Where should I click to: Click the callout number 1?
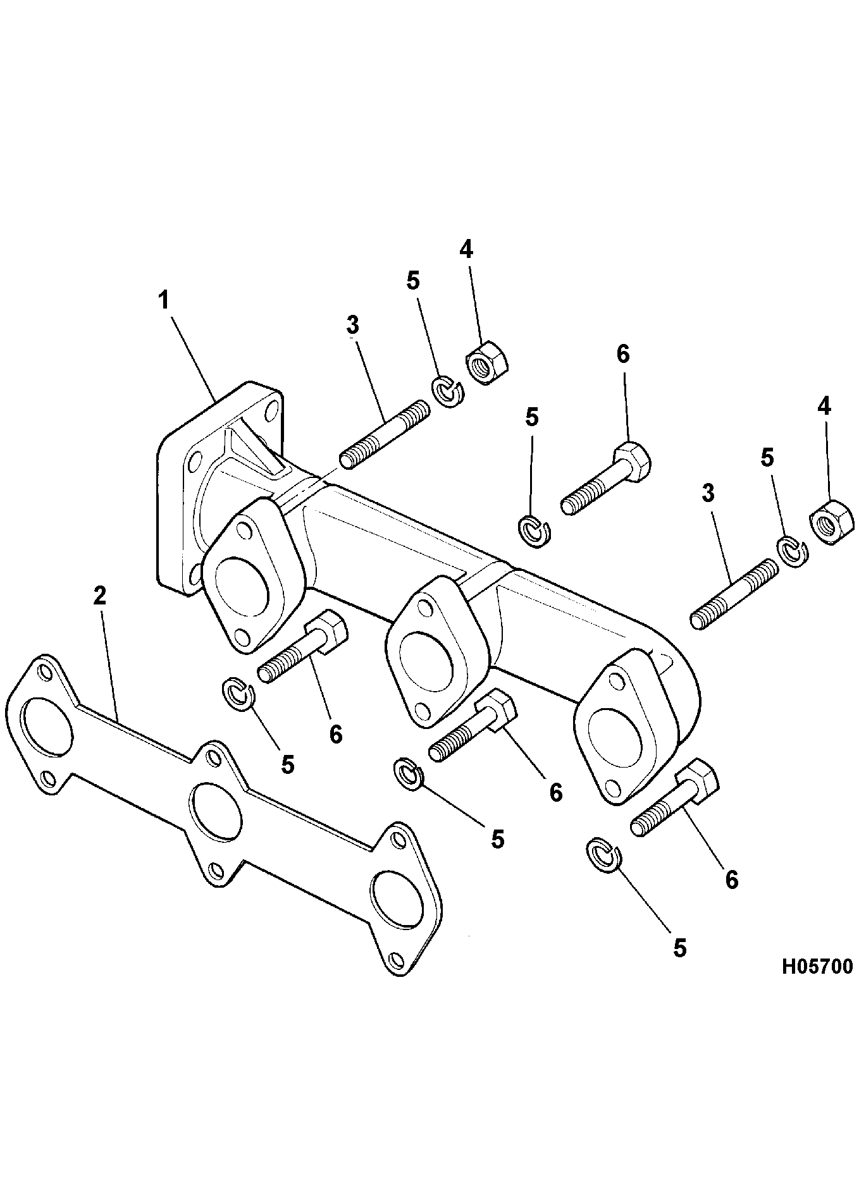pos(164,300)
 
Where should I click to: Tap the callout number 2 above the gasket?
pos(100,596)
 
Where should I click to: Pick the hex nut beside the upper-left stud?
pos(487,363)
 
